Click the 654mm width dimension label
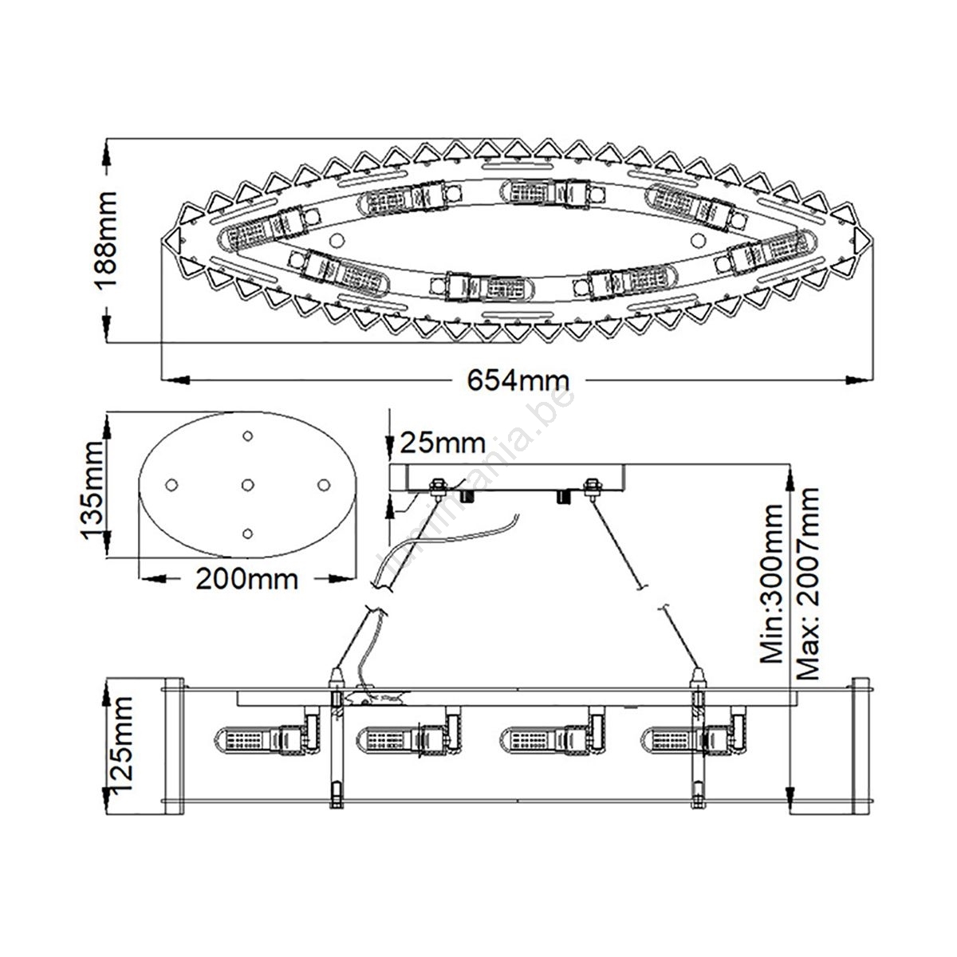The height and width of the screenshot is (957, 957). point(518,381)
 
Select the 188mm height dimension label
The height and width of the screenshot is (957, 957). point(105,240)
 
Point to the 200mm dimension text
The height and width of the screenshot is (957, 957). point(246,578)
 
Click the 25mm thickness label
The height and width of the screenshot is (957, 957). point(443,443)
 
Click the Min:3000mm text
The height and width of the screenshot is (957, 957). point(771,584)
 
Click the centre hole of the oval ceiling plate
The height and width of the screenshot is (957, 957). point(247,485)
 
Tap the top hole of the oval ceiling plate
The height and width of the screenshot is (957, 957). point(247,436)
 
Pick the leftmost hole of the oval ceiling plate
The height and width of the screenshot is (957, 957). point(171,485)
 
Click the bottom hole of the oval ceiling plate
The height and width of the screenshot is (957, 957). point(247,534)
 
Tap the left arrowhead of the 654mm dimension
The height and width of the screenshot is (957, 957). point(176,380)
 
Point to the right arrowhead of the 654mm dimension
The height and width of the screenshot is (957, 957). point(859,380)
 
